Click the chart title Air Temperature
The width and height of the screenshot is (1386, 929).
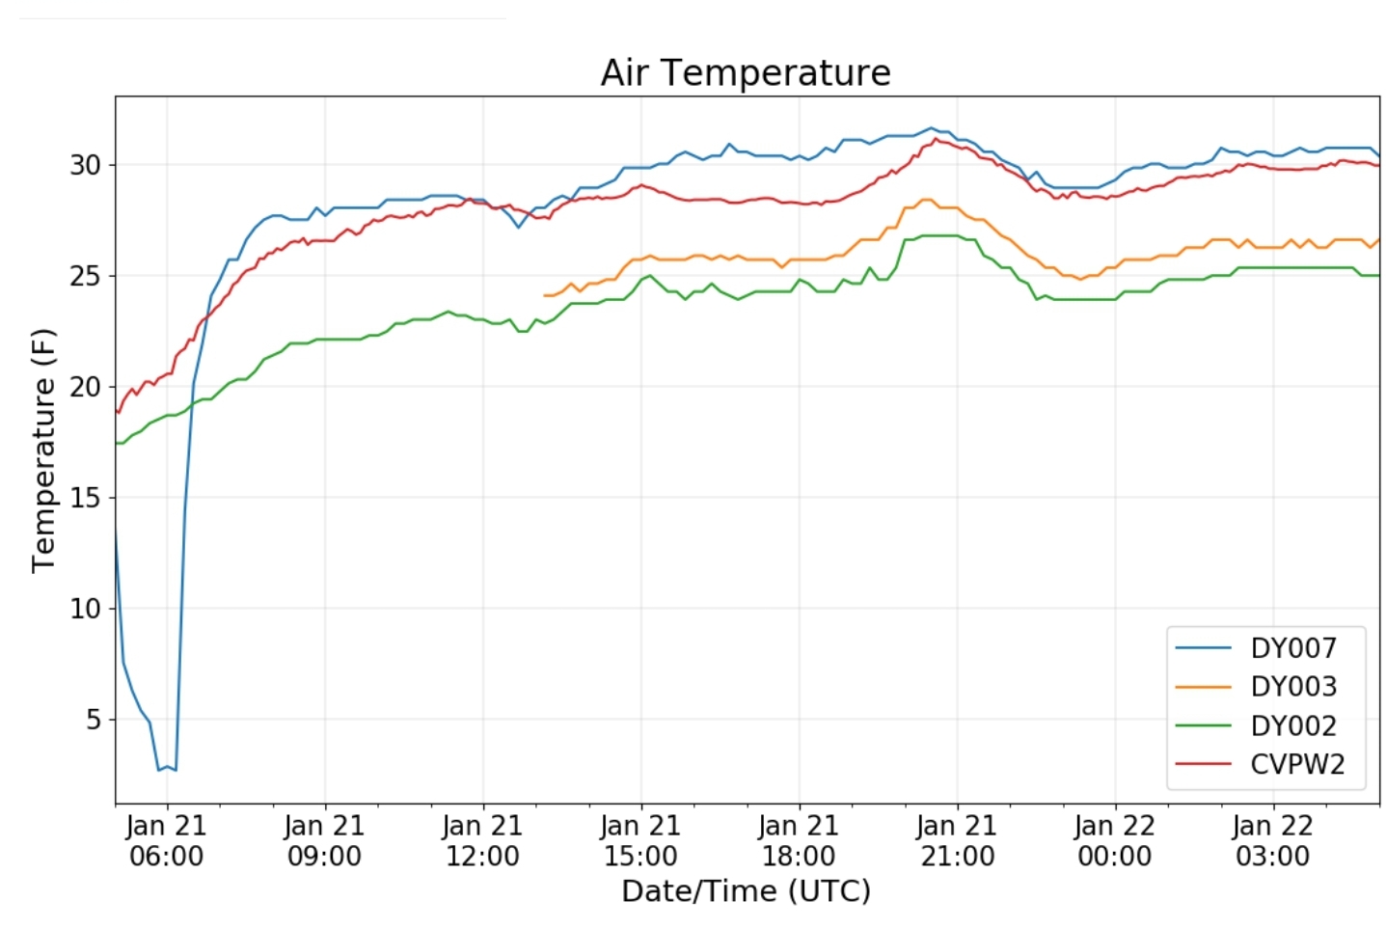[x=745, y=73]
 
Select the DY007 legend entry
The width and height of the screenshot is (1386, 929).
[x=1292, y=648]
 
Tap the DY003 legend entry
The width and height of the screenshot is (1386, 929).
[x=1292, y=687]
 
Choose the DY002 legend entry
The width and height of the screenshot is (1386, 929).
[x=1292, y=725]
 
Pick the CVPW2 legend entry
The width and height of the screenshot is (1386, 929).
[x=1296, y=764]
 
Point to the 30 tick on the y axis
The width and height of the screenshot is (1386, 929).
[x=85, y=165]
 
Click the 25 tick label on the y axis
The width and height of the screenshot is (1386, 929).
[x=85, y=276]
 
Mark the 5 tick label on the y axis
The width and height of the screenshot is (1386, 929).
[x=93, y=720]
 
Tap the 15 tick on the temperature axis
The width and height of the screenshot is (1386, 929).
[x=85, y=498]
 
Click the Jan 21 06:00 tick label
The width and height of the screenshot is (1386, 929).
[x=166, y=840]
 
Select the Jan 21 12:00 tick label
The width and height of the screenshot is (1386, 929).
[x=482, y=840]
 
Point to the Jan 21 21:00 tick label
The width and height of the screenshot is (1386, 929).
[x=957, y=840]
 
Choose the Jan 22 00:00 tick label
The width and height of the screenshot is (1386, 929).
[x=1115, y=840]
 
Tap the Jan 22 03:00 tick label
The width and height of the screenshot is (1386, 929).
[x=1273, y=840]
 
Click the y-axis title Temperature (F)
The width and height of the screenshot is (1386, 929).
[x=43, y=451]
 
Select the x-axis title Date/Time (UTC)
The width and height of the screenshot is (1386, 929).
[x=746, y=891]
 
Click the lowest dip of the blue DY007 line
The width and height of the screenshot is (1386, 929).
[x=160, y=770]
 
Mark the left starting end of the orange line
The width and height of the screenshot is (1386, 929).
[x=545, y=295]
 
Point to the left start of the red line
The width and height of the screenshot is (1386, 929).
[x=117, y=412]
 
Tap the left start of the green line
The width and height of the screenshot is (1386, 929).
[x=117, y=443]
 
